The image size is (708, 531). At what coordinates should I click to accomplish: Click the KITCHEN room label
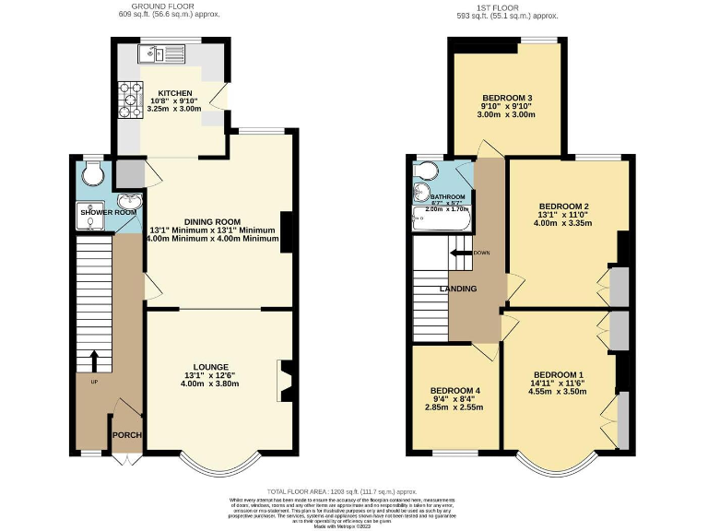pos(174,93)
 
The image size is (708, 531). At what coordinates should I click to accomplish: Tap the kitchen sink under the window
pos(163,55)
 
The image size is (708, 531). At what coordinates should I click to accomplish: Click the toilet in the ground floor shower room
pos(92,173)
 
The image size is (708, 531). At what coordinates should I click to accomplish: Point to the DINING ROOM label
pos(212,221)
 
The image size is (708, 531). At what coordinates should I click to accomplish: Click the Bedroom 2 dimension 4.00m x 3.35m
pos(563,222)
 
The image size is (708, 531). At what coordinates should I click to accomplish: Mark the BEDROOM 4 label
pos(455,390)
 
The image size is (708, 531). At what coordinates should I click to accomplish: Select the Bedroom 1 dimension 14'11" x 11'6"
pos(559,383)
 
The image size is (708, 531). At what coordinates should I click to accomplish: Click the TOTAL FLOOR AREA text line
pos(354,493)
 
